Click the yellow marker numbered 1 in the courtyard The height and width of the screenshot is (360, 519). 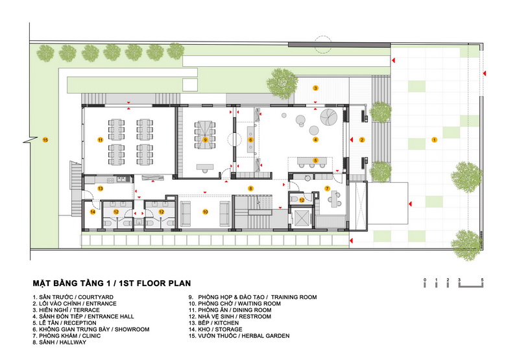click(434, 140)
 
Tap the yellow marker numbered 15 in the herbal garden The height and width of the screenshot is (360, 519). click(45, 140)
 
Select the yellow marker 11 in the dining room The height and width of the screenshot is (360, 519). click(101, 140)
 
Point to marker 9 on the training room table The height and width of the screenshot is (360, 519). click(205, 139)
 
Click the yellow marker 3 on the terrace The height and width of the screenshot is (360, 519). click(315, 88)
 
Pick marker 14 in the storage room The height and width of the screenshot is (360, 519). click(93, 211)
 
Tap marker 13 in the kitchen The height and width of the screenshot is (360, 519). click(101, 189)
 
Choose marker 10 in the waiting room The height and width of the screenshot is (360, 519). click(205, 211)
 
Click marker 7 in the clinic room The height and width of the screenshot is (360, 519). click(327, 189)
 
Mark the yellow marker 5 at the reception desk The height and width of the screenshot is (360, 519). click(315, 160)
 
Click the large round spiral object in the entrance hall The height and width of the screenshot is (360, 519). click(329, 117)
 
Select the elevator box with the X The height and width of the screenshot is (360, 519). click(302, 217)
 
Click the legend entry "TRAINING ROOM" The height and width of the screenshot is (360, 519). click(294, 297)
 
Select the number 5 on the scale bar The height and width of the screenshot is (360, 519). click(482, 280)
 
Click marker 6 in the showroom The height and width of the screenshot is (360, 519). click(250, 140)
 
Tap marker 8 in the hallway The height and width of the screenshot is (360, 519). click(250, 189)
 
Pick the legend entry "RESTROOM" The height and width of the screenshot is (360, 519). click(255, 317)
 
